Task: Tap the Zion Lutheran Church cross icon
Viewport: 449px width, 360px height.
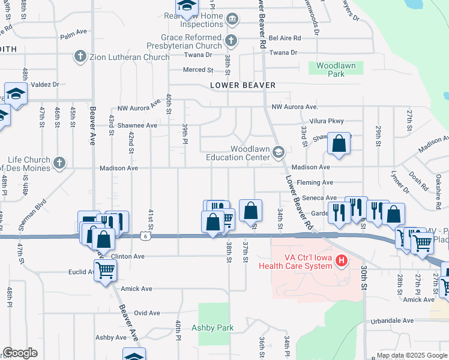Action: click(79, 57)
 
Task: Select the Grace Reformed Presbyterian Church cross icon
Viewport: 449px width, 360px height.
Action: click(232, 41)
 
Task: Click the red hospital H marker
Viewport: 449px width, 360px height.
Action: click(341, 260)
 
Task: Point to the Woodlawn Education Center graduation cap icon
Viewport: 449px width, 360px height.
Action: click(277, 152)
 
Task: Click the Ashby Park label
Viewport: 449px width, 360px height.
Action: click(212, 328)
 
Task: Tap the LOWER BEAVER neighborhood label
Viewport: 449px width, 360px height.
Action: click(243, 85)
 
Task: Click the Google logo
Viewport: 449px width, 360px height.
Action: click(20, 353)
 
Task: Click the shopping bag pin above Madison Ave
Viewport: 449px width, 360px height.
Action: click(339, 143)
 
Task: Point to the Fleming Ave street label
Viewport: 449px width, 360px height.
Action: click(319, 182)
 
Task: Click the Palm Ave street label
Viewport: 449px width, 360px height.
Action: click(74, 36)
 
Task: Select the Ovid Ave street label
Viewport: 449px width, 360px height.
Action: click(146, 313)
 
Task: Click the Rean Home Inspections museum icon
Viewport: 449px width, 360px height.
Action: click(232, 20)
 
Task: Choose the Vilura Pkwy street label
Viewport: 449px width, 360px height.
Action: click(327, 121)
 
